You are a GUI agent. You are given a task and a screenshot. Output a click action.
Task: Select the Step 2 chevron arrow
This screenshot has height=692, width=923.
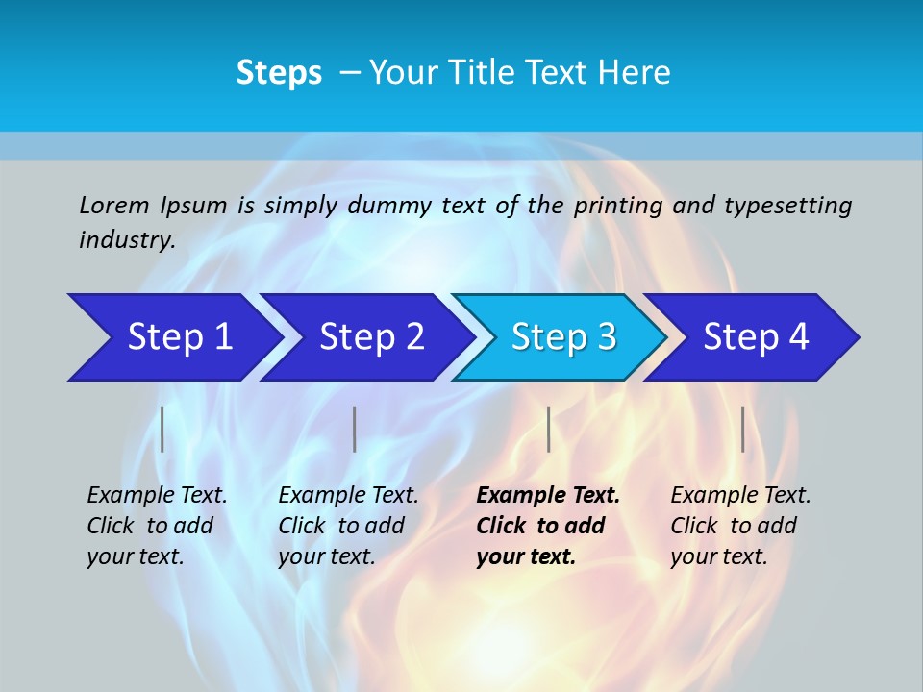coord(370,337)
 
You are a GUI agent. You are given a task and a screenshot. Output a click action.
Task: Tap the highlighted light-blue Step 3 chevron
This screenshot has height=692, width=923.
coord(562,337)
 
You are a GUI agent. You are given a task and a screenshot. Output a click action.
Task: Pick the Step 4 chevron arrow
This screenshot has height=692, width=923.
coord(755,337)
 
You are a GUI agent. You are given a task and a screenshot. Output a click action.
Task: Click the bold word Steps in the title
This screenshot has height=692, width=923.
coord(279,73)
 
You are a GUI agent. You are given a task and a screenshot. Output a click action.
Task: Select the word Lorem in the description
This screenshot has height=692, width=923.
coord(114,205)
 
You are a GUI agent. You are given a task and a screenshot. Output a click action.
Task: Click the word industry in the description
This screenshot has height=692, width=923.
coord(126,239)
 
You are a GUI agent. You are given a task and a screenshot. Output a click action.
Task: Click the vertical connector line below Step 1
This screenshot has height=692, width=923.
coord(162,429)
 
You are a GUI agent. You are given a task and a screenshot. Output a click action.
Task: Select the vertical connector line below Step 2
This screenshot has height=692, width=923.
coord(355,429)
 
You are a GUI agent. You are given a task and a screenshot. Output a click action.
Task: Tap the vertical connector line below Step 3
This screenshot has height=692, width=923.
coord(548,429)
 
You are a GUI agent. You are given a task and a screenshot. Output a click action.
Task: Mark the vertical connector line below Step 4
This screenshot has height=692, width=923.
coord(742,429)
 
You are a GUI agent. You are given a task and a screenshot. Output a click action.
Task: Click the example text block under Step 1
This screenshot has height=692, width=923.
coord(156,526)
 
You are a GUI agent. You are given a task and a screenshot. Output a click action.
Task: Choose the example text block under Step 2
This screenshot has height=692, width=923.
coord(347,526)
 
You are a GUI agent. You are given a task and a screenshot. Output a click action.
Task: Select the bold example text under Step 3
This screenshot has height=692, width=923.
coord(547,526)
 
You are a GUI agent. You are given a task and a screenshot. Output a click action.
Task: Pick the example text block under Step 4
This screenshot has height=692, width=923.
coord(739,526)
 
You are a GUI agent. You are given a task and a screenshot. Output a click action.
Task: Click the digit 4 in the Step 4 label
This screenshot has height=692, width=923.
coord(798,337)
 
